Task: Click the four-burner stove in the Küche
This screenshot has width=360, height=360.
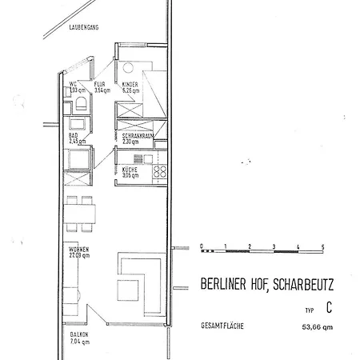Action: click(160, 171)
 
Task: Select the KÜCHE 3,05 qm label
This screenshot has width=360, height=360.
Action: click(130, 173)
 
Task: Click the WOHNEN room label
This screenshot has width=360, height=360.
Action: click(78, 253)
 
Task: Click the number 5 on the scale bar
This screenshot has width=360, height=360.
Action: click(322, 244)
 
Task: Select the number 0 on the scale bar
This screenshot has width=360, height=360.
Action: click(202, 244)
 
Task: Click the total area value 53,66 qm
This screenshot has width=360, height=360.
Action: click(315, 327)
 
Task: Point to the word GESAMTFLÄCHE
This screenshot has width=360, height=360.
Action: click(223, 326)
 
